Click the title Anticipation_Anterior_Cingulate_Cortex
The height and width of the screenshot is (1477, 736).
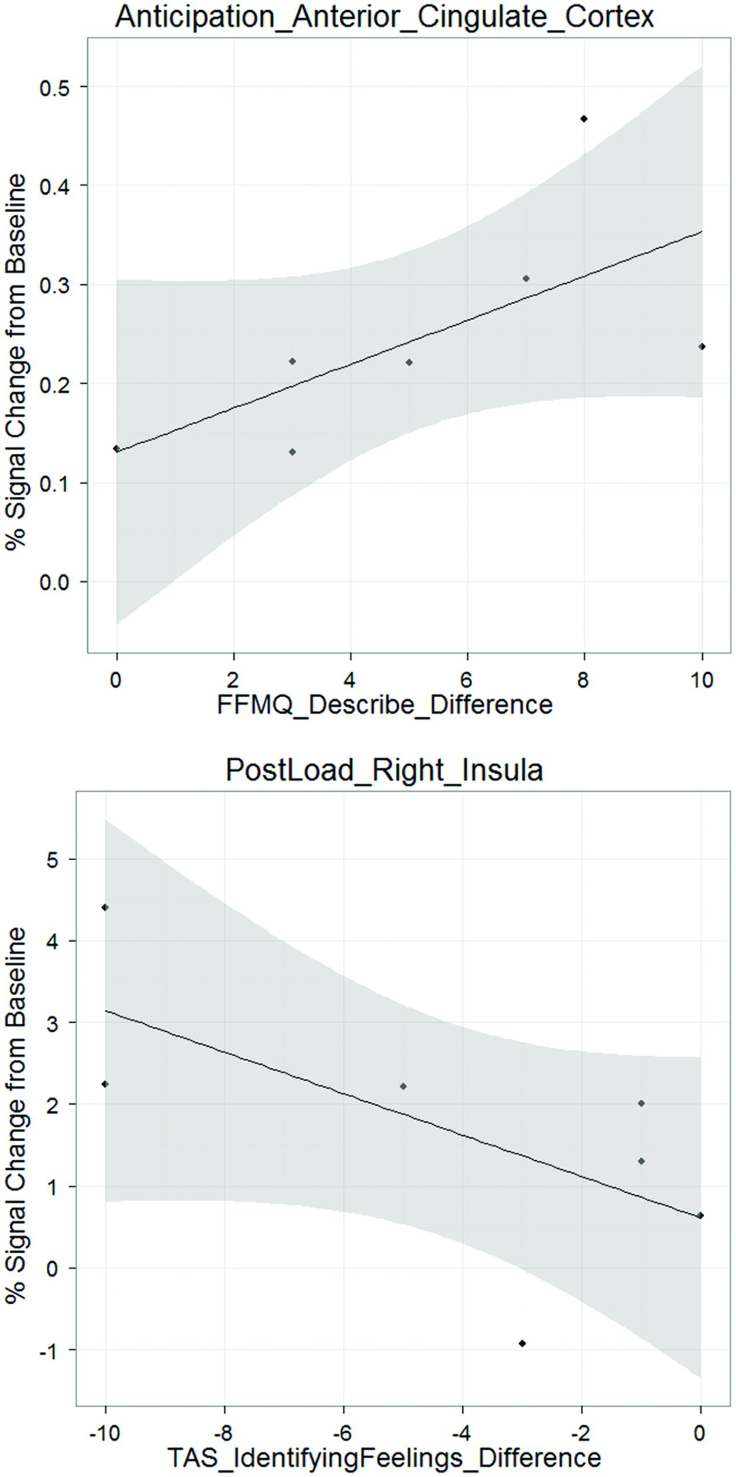coord(385,17)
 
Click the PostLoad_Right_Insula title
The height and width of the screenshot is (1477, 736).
coord(385,770)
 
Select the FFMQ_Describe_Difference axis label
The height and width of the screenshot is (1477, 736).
coord(385,705)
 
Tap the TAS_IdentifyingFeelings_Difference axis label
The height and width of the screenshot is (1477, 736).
coord(385,1457)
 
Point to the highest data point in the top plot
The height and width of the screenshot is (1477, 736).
coord(584,119)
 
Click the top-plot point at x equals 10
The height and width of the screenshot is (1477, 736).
coord(702,346)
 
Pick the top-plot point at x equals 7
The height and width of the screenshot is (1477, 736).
coord(526,278)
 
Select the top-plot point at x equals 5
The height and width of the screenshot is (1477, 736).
coord(409,362)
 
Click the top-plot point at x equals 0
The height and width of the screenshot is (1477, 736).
coord(116,448)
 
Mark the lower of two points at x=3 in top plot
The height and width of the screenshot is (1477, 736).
coord(292,452)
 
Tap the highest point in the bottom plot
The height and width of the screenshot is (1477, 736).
coord(105,907)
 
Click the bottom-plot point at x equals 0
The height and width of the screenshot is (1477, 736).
coord(701,1215)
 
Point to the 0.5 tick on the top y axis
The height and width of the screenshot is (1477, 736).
coord(54,87)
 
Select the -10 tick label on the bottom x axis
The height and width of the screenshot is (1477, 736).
coord(105,1432)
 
